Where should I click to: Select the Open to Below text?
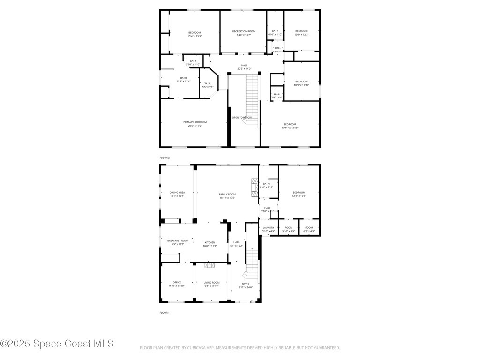[242, 117]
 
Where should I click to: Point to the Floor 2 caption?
[165, 158]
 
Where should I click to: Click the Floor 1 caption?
[165, 312]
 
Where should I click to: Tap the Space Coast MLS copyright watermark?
[57, 344]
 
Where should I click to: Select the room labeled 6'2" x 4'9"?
[309, 229]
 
